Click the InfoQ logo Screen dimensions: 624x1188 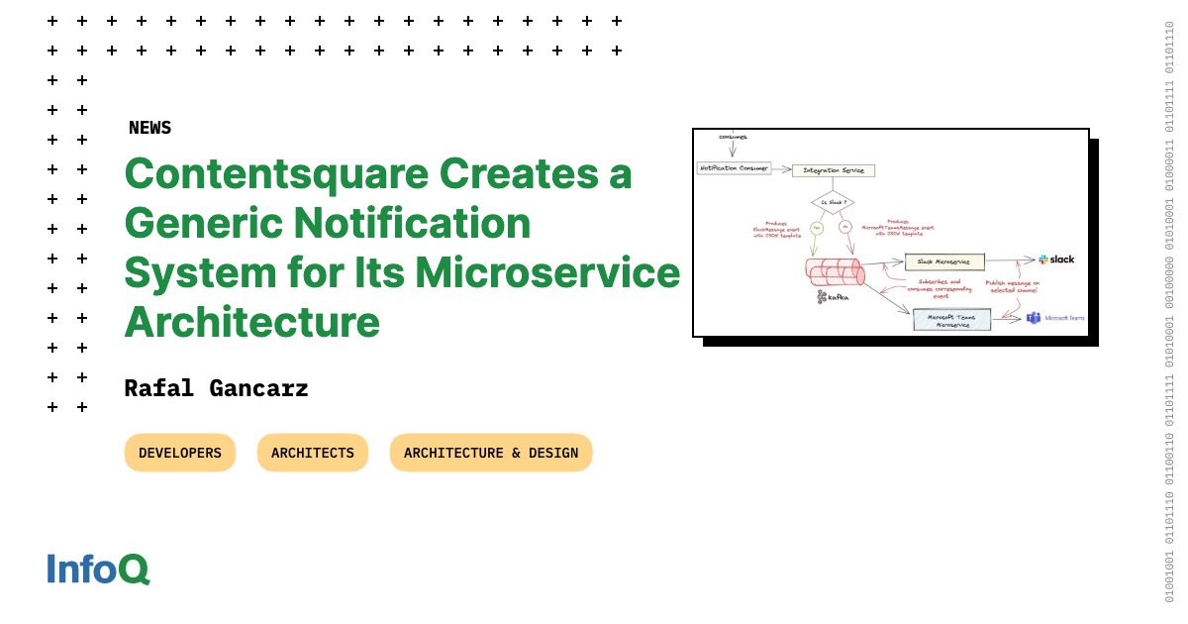click(x=98, y=570)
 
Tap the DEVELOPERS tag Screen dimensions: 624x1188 click(x=180, y=453)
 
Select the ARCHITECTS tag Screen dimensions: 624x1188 click(x=312, y=453)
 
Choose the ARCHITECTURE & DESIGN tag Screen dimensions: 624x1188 click(x=491, y=453)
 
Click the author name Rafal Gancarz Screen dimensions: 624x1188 click(x=216, y=388)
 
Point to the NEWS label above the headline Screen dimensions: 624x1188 click(x=149, y=128)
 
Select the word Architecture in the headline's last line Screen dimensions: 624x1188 click(x=251, y=322)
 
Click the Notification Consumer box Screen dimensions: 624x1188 click(x=735, y=167)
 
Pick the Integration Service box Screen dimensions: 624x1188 click(x=834, y=170)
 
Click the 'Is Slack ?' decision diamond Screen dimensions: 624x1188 click(x=833, y=203)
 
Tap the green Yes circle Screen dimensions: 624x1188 click(x=818, y=228)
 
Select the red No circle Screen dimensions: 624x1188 click(x=845, y=228)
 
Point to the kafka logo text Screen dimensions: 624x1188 click(x=834, y=296)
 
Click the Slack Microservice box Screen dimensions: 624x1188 click(x=944, y=261)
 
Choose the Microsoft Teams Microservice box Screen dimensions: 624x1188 click(x=950, y=320)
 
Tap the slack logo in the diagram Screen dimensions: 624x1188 click(x=1056, y=260)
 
